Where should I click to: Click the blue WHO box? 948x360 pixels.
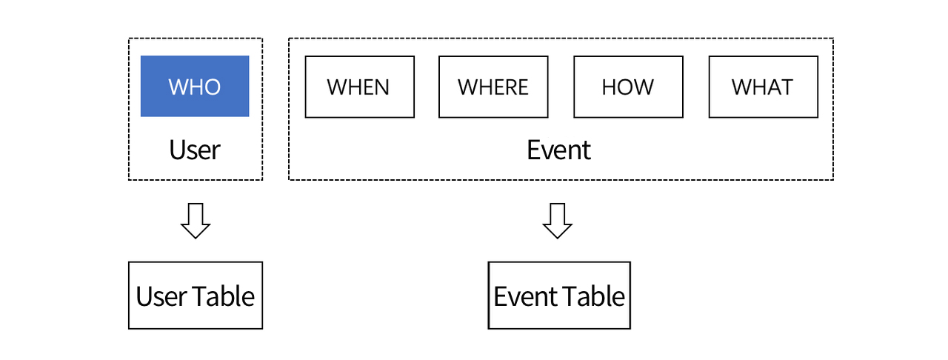[195, 86]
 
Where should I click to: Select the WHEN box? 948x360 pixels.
[360, 87]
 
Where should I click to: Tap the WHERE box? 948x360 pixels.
[493, 87]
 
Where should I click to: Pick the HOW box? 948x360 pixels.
[629, 87]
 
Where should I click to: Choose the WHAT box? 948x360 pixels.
[764, 87]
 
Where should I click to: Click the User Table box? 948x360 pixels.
[196, 296]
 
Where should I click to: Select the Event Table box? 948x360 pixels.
[559, 296]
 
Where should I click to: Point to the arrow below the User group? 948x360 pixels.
[196, 221]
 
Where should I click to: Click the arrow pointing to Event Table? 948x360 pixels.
[558, 221]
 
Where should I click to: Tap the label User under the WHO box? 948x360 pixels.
[195, 150]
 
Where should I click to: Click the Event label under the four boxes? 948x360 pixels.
[558, 150]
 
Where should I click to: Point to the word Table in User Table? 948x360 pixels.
[224, 296]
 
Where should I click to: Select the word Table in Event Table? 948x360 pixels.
[593, 296]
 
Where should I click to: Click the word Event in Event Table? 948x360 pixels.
[525, 296]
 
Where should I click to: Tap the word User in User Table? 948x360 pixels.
[161, 296]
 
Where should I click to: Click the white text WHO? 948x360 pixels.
[195, 87]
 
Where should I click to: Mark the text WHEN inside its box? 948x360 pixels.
[358, 87]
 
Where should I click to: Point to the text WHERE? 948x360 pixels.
[493, 87]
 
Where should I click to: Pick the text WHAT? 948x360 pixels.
[762, 87]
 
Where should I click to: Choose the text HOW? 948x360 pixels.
[628, 87]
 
